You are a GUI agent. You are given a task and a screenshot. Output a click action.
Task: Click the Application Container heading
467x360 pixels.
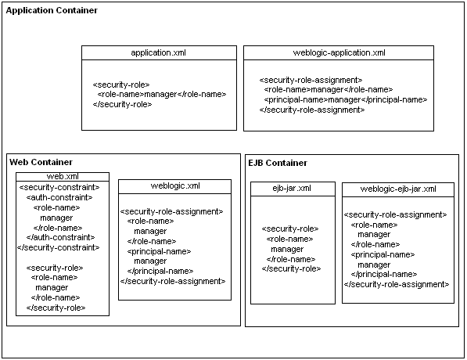point(52,10)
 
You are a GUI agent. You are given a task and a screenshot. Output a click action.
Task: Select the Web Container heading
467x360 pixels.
point(41,162)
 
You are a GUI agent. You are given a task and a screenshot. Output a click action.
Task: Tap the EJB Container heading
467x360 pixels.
point(278,163)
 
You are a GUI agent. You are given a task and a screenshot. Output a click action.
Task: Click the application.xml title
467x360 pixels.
point(159,52)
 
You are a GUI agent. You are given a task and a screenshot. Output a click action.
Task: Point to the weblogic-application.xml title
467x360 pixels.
point(339,52)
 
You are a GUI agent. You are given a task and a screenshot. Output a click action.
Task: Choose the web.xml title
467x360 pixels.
point(63,176)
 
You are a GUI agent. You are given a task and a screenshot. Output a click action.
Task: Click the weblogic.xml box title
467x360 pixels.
point(175,185)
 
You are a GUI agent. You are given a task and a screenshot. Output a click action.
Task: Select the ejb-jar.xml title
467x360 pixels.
point(292,188)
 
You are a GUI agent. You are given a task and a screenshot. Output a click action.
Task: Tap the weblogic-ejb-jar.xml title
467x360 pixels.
point(398,189)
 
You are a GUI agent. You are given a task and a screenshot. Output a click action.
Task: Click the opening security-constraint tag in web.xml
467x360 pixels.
point(59,188)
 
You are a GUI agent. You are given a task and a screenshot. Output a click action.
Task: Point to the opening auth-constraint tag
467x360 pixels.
point(59,197)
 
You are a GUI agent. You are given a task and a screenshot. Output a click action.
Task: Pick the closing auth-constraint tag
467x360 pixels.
point(60,237)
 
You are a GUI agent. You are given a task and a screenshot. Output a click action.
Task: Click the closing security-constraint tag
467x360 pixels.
point(59,247)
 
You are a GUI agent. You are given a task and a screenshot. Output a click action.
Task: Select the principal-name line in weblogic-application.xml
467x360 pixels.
point(346,99)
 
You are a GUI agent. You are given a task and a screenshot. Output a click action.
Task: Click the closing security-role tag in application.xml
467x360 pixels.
point(122,104)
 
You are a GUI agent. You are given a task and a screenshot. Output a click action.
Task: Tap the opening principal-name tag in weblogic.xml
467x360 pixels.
point(159,251)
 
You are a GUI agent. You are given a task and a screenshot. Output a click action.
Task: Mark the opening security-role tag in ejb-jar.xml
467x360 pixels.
point(290,229)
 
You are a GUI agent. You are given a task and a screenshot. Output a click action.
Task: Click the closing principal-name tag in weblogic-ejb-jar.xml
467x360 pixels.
point(384,274)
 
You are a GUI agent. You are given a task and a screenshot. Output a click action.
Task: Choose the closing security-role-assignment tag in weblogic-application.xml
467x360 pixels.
point(312,110)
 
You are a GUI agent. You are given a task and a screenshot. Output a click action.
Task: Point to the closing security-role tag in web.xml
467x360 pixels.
point(56,308)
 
